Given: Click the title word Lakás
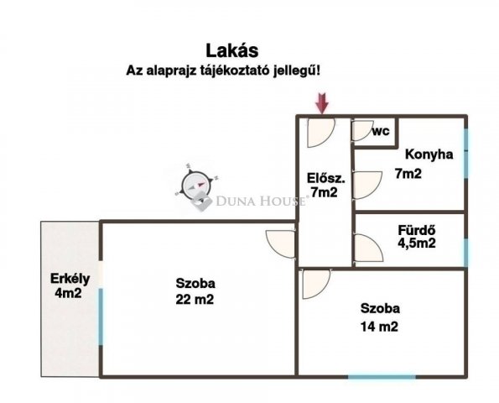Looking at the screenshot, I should click(222, 52).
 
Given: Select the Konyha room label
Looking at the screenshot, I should click(429, 154).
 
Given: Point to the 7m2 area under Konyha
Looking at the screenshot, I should click(408, 174).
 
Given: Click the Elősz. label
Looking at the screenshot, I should click(323, 176).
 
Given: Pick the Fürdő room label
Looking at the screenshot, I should click(418, 229).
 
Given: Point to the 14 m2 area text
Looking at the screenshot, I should click(379, 326).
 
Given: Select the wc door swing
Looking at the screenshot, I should click(362, 131).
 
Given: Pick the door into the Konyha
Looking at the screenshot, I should click(364, 186).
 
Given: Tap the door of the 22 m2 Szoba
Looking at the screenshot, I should click(282, 243).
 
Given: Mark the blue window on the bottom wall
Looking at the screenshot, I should click(382, 375).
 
